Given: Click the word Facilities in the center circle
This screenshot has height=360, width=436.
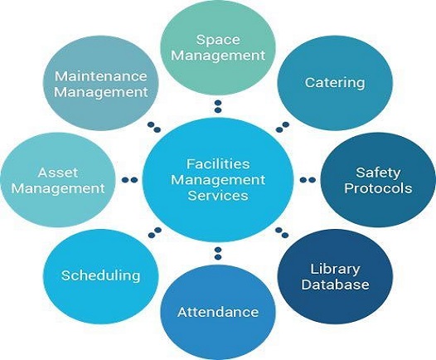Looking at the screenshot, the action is (218, 163).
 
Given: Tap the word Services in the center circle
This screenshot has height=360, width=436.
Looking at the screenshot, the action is (218, 195).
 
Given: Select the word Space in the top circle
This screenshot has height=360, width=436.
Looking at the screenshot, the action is (218, 40).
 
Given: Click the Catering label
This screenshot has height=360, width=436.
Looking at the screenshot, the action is (335, 83).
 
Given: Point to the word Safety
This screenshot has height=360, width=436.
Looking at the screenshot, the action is (378, 173).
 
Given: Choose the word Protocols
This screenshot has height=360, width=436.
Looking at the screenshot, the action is (378, 188).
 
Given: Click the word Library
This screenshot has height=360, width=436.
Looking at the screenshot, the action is (335, 270).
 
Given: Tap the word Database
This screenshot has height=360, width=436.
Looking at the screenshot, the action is (335, 285).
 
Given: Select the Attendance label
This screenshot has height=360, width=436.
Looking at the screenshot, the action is (218, 312).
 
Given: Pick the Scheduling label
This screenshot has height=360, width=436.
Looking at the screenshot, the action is (100, 276).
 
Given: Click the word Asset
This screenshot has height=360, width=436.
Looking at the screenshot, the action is (58, 173).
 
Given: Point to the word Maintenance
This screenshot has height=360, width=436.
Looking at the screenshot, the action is (100, 76).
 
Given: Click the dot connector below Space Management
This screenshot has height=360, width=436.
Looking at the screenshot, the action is (218, 106).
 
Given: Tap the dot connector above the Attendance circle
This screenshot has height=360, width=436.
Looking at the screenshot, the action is (218, 253).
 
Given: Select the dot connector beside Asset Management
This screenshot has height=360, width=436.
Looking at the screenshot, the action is (129, 180).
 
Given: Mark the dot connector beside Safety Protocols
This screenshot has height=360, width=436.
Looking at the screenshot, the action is (308, 180).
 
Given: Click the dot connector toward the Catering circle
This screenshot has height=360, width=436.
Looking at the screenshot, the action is (283, 127).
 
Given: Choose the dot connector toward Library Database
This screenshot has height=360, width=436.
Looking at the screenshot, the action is (282, 232).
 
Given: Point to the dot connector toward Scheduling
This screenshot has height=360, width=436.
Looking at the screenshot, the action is (155, 232).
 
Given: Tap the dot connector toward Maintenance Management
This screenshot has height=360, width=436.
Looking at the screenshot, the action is (154, 127).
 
